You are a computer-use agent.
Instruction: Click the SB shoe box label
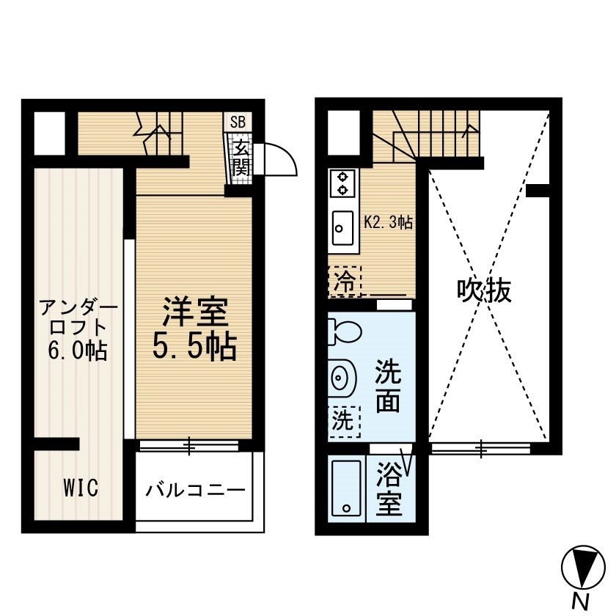238,122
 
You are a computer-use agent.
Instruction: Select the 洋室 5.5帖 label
195,329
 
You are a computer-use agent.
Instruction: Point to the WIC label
81,488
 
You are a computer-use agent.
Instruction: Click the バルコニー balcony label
195,490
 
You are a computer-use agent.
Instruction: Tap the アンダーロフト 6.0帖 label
78,329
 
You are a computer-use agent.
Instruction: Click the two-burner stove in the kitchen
343,183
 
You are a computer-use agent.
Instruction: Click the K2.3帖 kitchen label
388,223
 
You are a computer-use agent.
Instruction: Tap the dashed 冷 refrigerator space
345,282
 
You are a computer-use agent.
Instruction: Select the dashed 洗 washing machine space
344,422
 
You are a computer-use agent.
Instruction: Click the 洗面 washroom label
388,386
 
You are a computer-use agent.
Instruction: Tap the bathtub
346,488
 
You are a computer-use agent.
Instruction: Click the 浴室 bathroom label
389,488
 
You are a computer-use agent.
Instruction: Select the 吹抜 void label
484,291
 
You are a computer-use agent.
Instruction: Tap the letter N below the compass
582,601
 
